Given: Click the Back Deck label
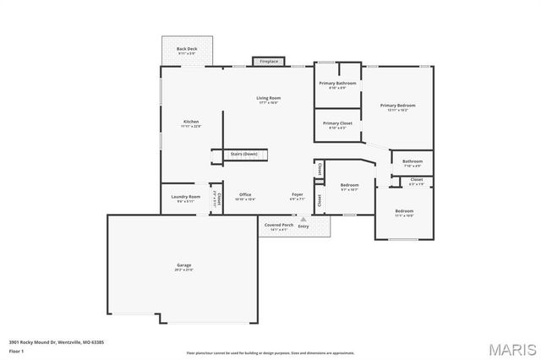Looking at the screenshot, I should [x=187, y=50].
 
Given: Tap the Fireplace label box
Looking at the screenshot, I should [x=269, y=62].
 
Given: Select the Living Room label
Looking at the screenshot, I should [x=269, y=98].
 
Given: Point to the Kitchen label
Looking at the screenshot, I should [x=191, y=123].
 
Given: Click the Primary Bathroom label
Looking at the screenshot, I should [x=337, y=84].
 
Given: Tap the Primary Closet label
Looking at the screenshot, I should [x=337, y=123].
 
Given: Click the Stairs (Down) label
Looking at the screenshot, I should [x=244, y=154].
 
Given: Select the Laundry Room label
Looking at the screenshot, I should [x=185, y=197].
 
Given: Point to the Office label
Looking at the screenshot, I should [x=244, y=195].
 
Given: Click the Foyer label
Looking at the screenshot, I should [x=298, y=195].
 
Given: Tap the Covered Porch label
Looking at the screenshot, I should [x=279, y=226].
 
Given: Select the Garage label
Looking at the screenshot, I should [x=184, y=266].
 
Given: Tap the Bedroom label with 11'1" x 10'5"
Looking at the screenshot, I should [x=404, y=211].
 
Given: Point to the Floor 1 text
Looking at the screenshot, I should [x=17, y=349].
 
